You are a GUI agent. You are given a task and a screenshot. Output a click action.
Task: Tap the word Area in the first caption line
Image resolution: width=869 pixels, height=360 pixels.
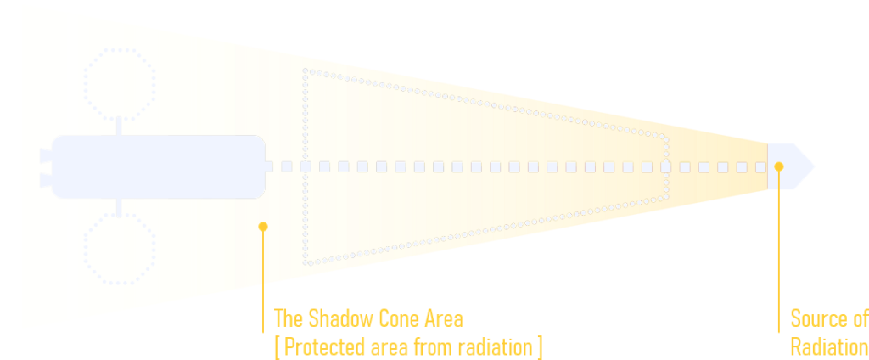444,319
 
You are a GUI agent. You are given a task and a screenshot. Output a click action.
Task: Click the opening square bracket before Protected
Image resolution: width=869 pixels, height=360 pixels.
277,347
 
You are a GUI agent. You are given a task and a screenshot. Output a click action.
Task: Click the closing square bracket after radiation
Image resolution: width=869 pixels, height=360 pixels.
540,347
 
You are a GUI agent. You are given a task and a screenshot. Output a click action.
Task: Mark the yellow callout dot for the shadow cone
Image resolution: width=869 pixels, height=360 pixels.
263,226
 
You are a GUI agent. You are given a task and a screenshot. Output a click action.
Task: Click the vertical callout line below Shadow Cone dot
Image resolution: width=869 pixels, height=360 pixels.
263,280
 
